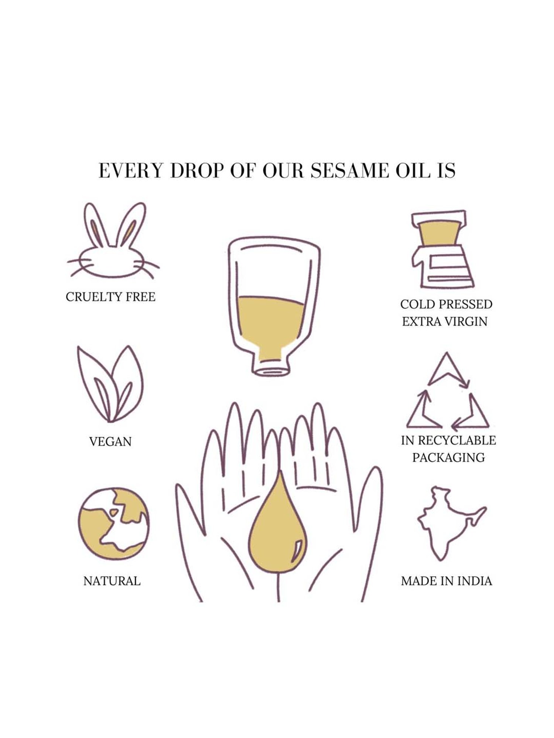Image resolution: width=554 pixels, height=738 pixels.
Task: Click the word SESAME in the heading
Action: click(349, 170)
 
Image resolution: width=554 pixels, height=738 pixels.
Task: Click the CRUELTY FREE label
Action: click(110, 297)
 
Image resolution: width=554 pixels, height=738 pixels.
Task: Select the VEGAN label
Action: click(110, 441)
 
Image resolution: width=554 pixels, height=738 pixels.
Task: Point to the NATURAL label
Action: click(112, 581)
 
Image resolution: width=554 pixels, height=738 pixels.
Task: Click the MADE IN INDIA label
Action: click(447, 581)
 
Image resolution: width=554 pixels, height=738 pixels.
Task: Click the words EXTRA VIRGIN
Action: click(445, 321)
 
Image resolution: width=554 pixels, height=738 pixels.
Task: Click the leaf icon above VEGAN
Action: click(110, 384)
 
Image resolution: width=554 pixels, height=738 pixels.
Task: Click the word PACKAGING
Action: click(448, 457)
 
